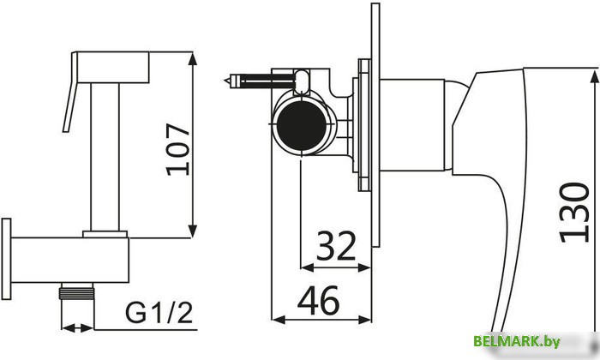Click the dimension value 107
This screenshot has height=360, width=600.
pos(178,149)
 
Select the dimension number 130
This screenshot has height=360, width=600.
pos(574,213)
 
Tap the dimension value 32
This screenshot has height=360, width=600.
pos(336,246)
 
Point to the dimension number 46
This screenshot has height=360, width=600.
pos(318,300)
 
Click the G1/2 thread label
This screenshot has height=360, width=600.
pos(159,313)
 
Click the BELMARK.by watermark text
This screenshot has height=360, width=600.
pos(517,341)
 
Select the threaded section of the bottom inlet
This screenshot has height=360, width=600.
pos(77,293)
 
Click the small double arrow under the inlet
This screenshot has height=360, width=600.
pos(77,328)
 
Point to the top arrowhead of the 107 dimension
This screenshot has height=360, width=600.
pos(193,58)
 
